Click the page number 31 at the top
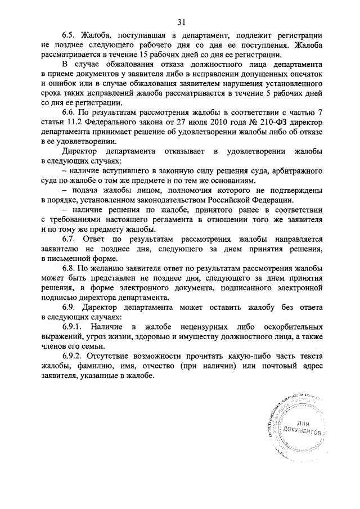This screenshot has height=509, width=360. pos(181,22)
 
